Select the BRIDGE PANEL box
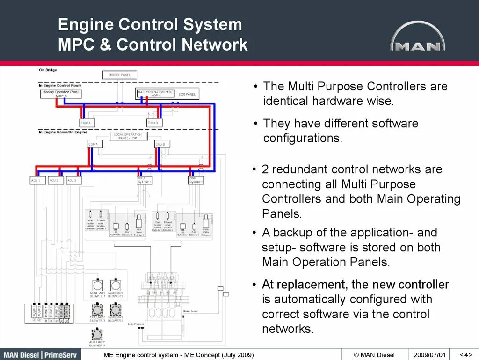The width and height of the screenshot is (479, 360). pyautogui.click(x=120, y=75)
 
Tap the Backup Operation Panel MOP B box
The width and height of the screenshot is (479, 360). pyautogui.click(x=61, y=94)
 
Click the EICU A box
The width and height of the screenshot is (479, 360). pyautogui.click(x=87, y=123)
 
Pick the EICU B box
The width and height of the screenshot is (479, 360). pyautogui.click(x=154, y=123)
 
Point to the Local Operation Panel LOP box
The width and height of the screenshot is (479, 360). pyautogui.click(x=128, y=136)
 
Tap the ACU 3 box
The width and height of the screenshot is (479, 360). pyautogui.click(x=73, y=180)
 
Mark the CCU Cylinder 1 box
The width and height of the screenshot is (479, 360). pyautogui.click(x=145, y=180)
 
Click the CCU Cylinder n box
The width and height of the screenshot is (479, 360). pyautogui.click(x=196, y=180)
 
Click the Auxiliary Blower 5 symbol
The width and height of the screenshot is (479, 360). pyautogui.click(x=97, y=334)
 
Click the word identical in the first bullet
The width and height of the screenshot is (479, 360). pyautogui.click(x=286, y=101)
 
